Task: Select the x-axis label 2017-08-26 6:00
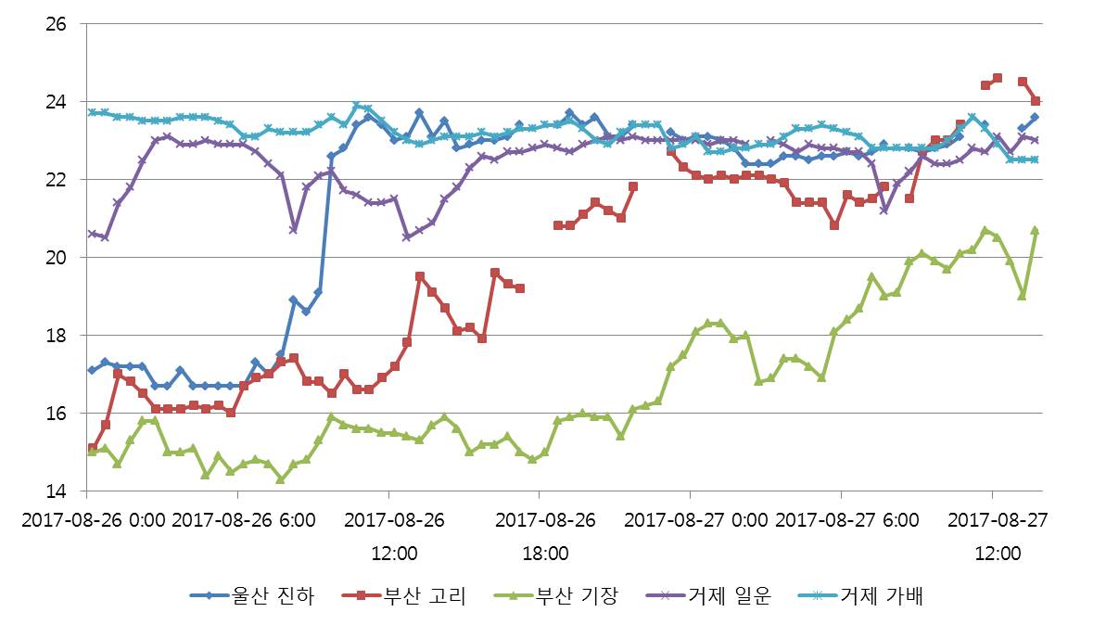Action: click(243, 520)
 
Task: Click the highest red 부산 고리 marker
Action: click(998, 78)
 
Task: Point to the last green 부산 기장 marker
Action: click(1035, 230)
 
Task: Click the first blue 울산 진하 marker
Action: click(92, 370)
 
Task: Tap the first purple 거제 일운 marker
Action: click(92, 234)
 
